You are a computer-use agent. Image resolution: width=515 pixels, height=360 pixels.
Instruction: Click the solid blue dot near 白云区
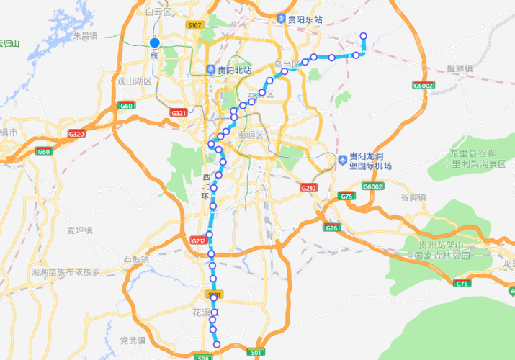pos(154,43)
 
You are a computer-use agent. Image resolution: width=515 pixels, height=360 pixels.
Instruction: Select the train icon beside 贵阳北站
pos(210,71)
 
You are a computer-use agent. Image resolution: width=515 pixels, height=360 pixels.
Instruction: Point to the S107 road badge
pos(194,25)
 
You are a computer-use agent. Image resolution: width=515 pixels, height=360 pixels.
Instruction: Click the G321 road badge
pos(179,113)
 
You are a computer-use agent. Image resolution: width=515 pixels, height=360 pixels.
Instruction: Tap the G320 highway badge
pos(76,134)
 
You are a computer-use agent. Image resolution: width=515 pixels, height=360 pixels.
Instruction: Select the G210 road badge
pos(309,187)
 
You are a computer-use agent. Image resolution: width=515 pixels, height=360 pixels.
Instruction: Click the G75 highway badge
pos(346,196)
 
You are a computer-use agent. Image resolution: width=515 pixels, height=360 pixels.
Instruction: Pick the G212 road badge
pos(199,240)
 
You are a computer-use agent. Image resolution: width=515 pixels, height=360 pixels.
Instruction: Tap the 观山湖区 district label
pos(135,81)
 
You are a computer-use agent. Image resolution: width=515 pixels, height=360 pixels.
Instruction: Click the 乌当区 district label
pos(286,64)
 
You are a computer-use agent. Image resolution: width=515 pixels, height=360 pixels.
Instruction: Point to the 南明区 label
pos(251,135)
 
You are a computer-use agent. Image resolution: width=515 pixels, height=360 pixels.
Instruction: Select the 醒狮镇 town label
pos(460,68)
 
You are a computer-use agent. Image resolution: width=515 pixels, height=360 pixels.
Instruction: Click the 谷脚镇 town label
pos(413,197)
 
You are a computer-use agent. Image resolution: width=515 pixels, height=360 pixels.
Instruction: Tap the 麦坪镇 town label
pos(81,230)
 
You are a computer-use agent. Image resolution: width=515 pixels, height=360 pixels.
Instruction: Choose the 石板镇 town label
pos(135,258)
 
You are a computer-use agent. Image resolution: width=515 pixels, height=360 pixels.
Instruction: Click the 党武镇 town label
pos(133,340)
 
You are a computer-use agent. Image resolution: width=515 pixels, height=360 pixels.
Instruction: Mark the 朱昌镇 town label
pos(86,35)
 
